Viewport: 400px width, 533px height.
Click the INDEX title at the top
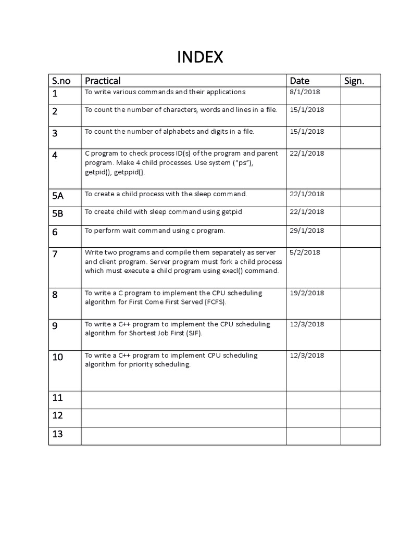pos(200,57)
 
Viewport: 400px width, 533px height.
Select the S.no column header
pos(61,81)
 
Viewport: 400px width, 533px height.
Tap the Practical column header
pos(103,81)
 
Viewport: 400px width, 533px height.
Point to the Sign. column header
pos(355,81)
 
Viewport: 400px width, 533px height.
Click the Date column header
pos(299,81)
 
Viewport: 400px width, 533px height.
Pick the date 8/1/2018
pos(305,92)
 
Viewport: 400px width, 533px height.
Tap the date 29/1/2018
pos(307,230)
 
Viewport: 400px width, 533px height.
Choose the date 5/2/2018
pos(305,252)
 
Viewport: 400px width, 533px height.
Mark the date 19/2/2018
pos(307,293)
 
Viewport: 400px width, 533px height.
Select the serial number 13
pos(57,434)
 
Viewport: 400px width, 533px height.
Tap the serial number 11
pos(57,398)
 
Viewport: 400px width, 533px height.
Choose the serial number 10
pos(57,357)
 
